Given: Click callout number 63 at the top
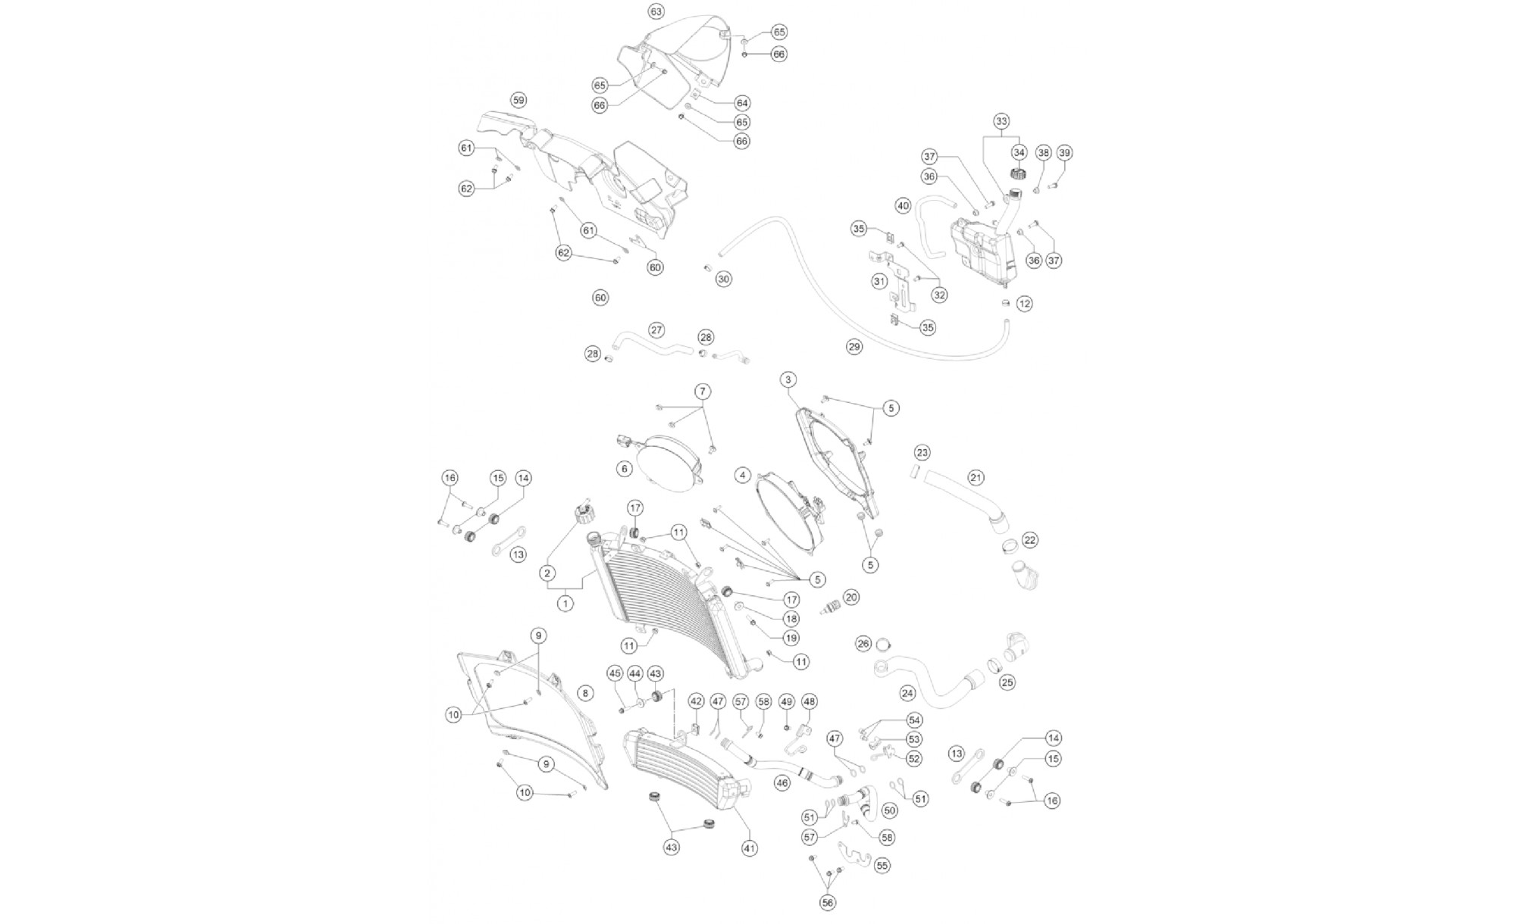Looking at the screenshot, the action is pyautogui.click(x=656, y=11).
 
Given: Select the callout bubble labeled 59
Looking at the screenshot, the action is pyautogui.click(x=518, y=100).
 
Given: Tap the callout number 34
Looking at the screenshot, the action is pyautogui.click(x=1019, y=153).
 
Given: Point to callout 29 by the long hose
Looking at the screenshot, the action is pyautogui.click(x=854, y=347).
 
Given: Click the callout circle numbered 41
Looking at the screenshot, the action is pyautogui.click(x=750, y=849).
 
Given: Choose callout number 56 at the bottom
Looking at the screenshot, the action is pyautogui.click(x=826, y=902).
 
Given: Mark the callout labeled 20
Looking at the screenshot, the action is pyautogui.click(x=850, y=598).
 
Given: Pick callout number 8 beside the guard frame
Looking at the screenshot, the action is pyautogui.click(x=584, y=692).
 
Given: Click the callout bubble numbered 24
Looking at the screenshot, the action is pyautogui.click(x=907, y=692).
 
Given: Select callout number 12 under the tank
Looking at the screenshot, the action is pyautogui.click(x=1024, y=304).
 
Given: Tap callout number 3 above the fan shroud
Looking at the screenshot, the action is pyautogui.click(x=788, y=379).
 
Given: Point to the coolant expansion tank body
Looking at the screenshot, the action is pyautogui.click(x=980, y=250).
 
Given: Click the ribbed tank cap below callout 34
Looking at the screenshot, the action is pyautogui.click(x=1018, y=174).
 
